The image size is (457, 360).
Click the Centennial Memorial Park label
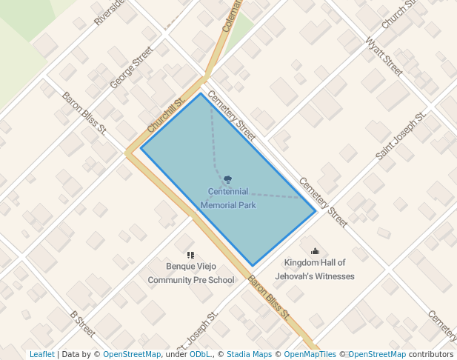(x=228, y=198)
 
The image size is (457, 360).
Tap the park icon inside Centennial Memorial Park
(x=227, y=179)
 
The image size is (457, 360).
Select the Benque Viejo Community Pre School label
(x=191, y=273)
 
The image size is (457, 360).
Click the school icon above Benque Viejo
(x=190, y=255)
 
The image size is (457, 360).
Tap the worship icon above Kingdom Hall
(x=315, y=251)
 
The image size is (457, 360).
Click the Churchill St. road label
(x=166, y=116)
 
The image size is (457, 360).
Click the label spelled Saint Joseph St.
(x=401, y=136)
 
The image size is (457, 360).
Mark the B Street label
(x=82, y=323)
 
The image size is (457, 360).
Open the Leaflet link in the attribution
(x=41, y=354)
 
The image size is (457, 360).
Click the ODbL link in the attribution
(x=200, y=354)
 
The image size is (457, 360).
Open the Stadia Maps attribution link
(x=249, y=354)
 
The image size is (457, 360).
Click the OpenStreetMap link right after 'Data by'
(x=132, y=354)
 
